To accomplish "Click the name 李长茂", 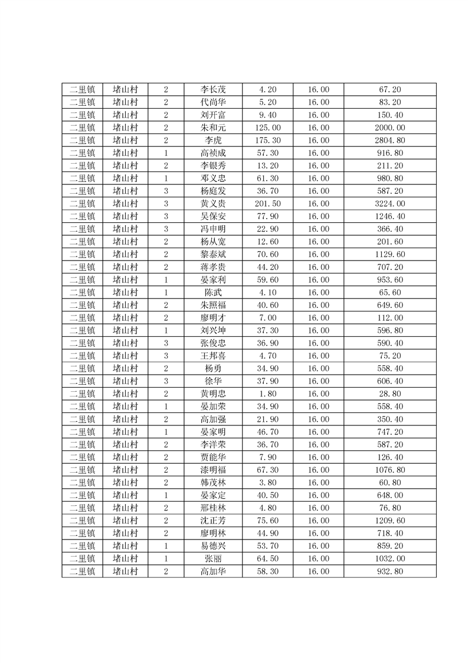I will click(x=213, y=90).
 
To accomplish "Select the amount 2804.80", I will click(x=390, y=140).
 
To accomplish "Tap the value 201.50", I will click(x=268, y=203).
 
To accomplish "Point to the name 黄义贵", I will click(x=213, y=203).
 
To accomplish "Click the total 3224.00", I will click(x=390, y=203).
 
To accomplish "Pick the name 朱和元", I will click(x=213, y=128).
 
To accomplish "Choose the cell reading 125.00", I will click(x=268, y=128).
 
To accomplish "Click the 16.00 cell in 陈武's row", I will click(x=319, y=292).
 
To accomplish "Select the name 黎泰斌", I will click(x=213, y=254).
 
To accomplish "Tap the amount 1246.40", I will click(x=390, y=216).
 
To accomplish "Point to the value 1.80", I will click(x=268, y=394).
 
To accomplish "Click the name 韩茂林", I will click(x=213, y=482).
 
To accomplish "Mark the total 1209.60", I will click(x=390, y=521).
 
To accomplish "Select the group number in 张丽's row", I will click(x=166, y=558).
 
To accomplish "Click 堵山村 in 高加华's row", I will click(x=125, y=571).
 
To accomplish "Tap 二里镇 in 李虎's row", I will click(x=82, y=140).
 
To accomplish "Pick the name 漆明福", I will click(x=213, y=470).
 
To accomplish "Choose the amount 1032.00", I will click(x=390, y=558).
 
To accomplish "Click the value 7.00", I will click(x=268, y=317).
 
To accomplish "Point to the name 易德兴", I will click(x=213, y=546).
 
